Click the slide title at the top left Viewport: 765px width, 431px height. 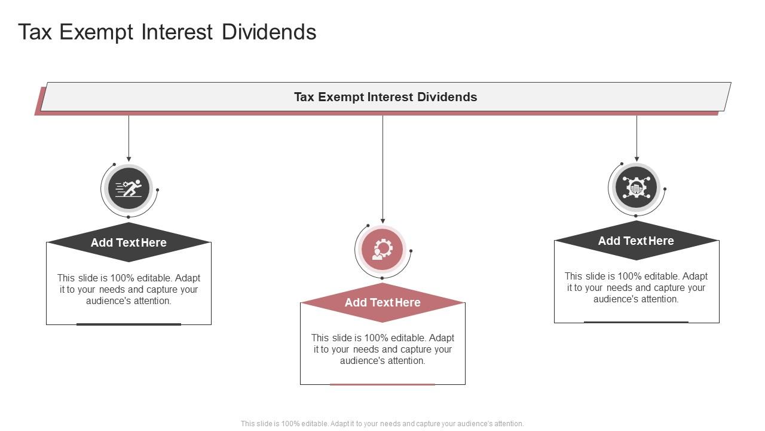point(167,32)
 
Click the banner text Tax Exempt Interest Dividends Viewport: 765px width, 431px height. point(385,97)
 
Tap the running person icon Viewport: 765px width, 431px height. point(128,189)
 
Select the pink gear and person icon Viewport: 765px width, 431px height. point(382,249)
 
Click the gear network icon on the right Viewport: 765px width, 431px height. point(636,187)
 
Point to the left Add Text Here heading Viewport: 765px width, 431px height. point(128,242)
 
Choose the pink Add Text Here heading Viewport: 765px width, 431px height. point(382,302)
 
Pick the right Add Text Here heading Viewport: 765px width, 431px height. point(636,241)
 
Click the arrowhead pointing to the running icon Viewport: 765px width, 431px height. point(128,159)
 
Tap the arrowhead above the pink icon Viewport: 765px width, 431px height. point(382,221)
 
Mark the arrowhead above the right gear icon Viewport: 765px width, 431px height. point(637,159)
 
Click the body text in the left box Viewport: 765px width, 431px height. point(128,289)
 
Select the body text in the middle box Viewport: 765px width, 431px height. point(382,349)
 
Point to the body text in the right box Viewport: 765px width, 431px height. point(636,287)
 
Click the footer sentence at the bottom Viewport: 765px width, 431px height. point(382,423)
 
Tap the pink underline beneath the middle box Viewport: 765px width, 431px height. point(382,384)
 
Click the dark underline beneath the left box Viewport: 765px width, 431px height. point(128,324)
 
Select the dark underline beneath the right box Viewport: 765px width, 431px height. point(636,322)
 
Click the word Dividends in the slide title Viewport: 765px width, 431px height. point(269,32)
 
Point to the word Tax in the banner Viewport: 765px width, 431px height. point(304,97)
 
